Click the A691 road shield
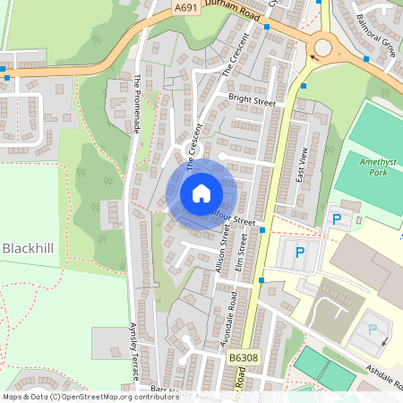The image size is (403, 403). (x=186, y=8)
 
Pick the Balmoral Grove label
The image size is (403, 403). (x=376, y=30)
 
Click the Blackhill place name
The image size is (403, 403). (x=30, y=247)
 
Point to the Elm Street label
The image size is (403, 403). (x=240, y=251)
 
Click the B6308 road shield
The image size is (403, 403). (x=238, y=357)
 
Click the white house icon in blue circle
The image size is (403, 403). (x=201, y=193)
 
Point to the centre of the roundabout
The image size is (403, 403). (x=322, y=47)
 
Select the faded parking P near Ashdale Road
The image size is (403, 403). (x=373, y=330)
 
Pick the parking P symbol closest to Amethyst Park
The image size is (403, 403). (x=337, y=219)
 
